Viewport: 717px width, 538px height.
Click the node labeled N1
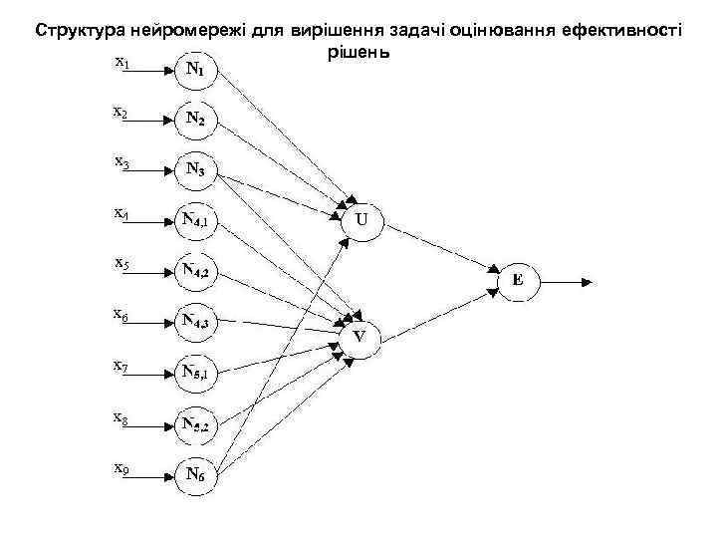tap(195, 70)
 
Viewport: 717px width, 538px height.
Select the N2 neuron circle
tap(195, 120)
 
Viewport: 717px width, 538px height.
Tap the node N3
tap(195, 169)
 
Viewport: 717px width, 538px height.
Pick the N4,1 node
tap(195, 220)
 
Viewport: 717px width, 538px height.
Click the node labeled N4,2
tap(195, 271)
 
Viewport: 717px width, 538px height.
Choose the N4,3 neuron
tap(195, 321)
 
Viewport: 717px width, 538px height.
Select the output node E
tap(517, 281)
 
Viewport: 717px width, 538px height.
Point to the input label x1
tap(120, 63)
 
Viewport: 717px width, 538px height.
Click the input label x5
tap(120, 264)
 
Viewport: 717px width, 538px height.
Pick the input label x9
tap(120, 466)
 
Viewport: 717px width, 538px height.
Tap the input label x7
tap(120, 366)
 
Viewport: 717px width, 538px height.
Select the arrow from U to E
tap(443, 250)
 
